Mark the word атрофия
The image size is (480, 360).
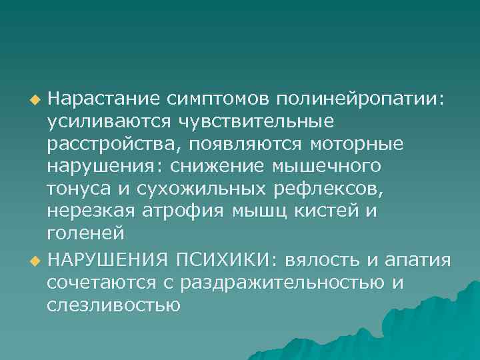(x=185, y=212)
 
